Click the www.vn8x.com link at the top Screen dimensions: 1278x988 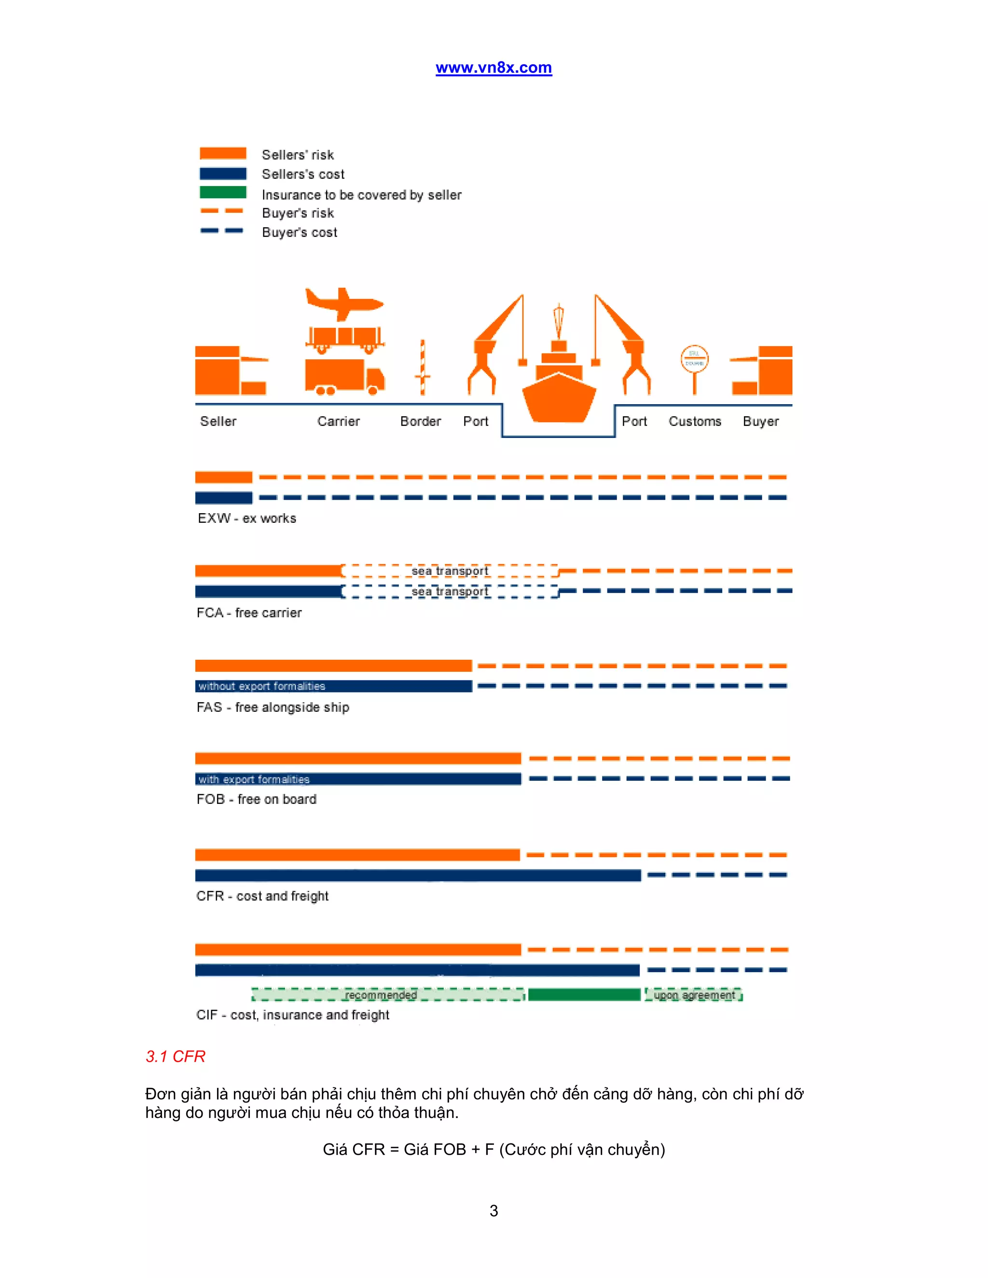tap(494, 68)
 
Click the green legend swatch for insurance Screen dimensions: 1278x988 tap(222, 192)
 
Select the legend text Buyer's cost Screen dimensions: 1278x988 tap(299, 232)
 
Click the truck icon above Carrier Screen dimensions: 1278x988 tap(344, 376)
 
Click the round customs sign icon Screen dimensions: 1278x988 tap(694, 359)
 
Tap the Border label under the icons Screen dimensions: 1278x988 tap(420, 421)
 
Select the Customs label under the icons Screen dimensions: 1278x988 tap(695, 421)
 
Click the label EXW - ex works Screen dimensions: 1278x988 tap(247, 518)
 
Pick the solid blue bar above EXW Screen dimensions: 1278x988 tap(223, 497)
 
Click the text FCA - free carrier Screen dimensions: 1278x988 tap(249, 612)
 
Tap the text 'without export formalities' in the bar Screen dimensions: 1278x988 tap(261, 686)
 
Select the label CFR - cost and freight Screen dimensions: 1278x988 tap(262, 896)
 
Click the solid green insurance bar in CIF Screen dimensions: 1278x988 tap(584, 995)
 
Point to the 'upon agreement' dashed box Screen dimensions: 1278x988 tap(694, 995)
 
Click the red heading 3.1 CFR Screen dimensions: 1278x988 tap(175, 1056)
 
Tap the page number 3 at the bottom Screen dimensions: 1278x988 tap(494, 1210)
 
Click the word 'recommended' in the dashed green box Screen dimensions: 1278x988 tap(381, 995)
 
